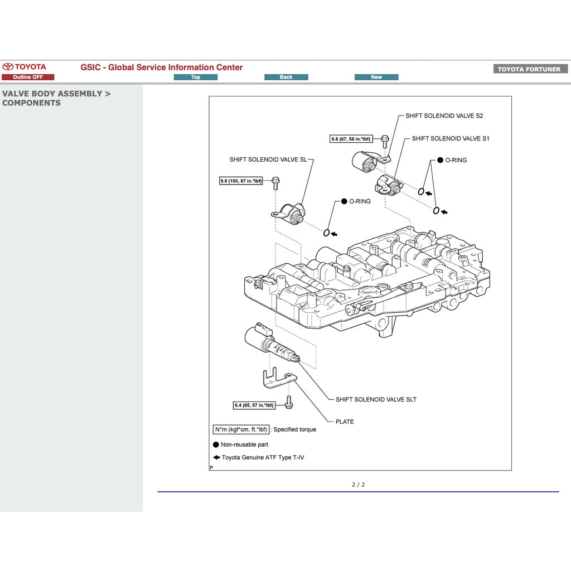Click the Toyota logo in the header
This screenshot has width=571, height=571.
pyautogui.click(x=25, y=67)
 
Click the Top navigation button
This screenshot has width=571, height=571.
pyautogui.click(x=195, y=77)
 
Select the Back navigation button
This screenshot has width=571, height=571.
pyautogui.click(x=286, y=77)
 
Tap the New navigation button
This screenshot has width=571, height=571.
pyautogui.click(x=376, y=77)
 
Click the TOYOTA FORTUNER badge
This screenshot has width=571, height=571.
pyautogui.click(x=529, y=69)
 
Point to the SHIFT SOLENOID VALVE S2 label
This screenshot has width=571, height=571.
pyautogui.click(x=444, y=116)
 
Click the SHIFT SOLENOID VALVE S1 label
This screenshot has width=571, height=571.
pyautogui.click(x=450, y=138)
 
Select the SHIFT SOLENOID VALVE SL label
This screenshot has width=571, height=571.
pyautogui.click(x=268, y=159)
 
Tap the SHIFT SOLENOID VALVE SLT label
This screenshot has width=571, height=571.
pyautogui.click(x=376, y=399)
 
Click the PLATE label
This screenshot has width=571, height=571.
pyautogui.click(x=345, y=422)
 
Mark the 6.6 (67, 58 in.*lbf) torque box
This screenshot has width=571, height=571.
pyautogui.click(x=351, y=139)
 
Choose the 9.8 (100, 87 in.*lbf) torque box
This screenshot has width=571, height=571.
pyautogui.click(x=241, y=181)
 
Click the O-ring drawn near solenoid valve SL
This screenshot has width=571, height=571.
pyautogui.click(x=327, y=233)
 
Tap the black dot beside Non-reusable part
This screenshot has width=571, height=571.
pyautogui.click(x=216, y=444)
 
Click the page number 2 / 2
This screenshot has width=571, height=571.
pyautogui.click(x=358, y=485)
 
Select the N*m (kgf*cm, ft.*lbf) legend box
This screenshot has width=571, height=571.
pyautogui.click(x=241, y=429)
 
